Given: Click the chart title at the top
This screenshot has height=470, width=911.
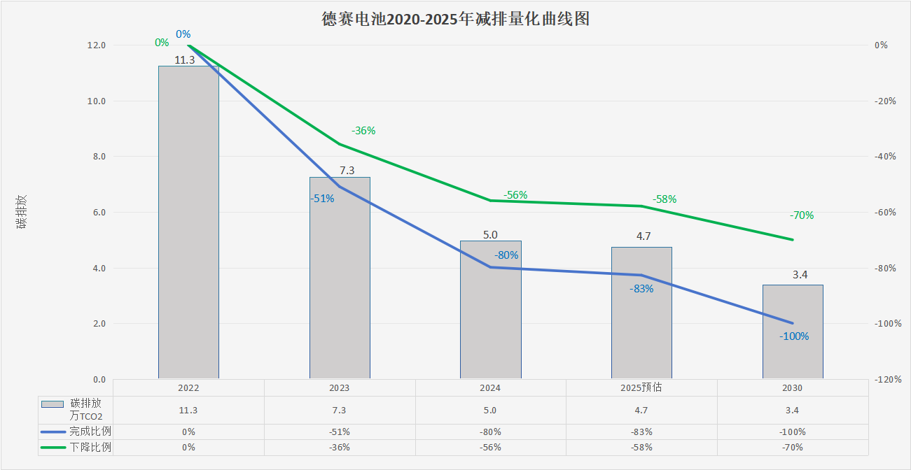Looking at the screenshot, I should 455,19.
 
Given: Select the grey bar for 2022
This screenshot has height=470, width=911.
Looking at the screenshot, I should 188,224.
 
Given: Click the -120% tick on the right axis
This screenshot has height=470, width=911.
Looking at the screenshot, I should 888,380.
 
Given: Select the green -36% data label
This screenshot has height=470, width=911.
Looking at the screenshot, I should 364,130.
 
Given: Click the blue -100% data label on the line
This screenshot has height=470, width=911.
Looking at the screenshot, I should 794,336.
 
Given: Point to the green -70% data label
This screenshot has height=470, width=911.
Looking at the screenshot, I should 801,215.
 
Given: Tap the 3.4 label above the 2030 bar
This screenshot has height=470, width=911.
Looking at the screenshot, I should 800,275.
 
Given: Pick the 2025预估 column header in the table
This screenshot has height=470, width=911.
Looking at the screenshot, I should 641,387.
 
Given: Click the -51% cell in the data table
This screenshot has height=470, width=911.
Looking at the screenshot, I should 340,432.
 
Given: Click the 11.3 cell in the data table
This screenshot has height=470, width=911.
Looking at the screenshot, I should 188,411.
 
